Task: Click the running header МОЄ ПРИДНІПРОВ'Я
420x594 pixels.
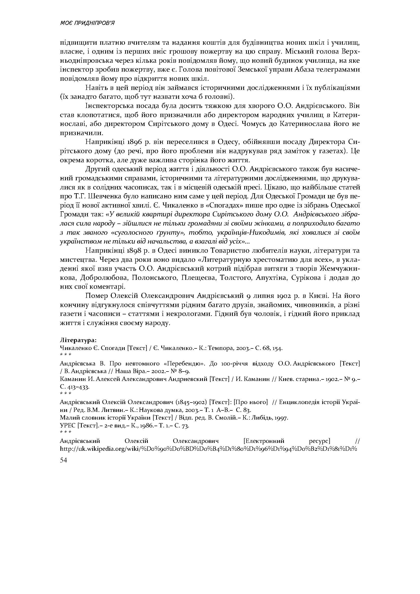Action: coord(87,23)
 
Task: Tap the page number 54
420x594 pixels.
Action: coord(63,460)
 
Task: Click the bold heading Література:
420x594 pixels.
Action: coord(78,340)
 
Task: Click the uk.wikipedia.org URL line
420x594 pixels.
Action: coord(208,448)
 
